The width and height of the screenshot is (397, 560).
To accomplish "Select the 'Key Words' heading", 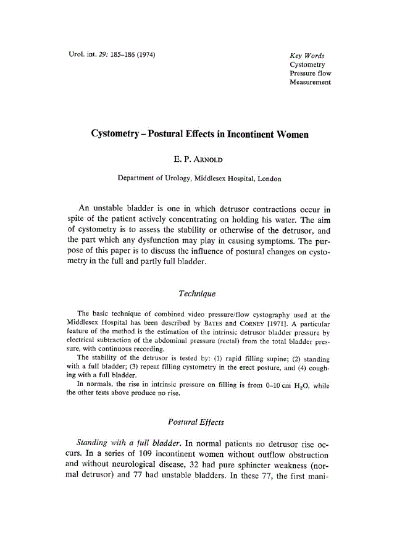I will [x=307, y=56].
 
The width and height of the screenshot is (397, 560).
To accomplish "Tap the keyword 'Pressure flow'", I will [x=310, y=73].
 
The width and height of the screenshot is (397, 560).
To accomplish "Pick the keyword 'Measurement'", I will [x=310, y=82].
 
